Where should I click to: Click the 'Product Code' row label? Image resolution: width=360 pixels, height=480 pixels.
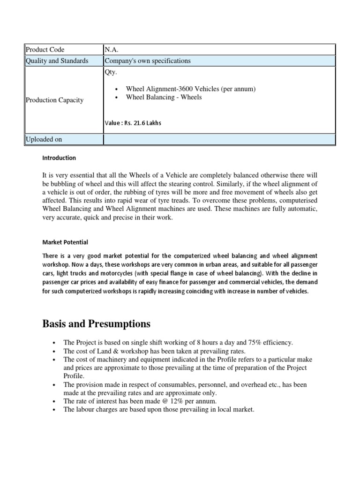[45, 50]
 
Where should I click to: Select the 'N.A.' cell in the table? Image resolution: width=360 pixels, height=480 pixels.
[113, 50]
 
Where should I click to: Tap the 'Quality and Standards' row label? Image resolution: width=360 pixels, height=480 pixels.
[57, 61]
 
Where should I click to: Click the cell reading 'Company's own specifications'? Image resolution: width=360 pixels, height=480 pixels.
[148, 61]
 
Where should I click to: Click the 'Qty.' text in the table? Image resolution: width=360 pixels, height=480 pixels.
[111, 72]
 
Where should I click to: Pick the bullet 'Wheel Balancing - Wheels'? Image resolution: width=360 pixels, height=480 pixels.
[164, 97]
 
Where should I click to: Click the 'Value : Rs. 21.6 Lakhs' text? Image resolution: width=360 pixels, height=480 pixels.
[133, 123]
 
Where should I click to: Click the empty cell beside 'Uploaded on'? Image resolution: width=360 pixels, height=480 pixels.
[219, 139]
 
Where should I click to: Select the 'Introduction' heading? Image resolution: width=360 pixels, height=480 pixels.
[59, 158]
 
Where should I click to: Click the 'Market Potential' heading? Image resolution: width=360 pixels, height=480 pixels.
[65, 242]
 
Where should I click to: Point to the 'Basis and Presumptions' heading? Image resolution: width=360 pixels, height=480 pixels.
[97, 323]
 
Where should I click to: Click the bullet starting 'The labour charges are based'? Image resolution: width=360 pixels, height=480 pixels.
[158, 410]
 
